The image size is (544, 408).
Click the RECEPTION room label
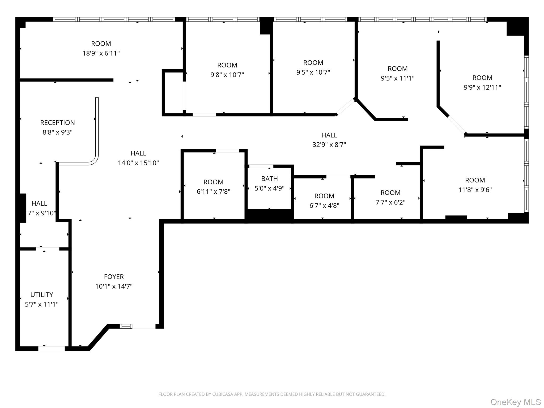(57, 123)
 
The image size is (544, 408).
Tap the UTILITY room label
(42, 295)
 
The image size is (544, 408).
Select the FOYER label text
(114, 277)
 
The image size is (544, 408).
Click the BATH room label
(269, 179)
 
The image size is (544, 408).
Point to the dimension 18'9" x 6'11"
(101, 53)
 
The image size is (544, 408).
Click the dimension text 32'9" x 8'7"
(329, 145)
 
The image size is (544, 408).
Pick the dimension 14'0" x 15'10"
(138, 163)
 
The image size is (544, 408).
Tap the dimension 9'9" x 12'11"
(482, 87)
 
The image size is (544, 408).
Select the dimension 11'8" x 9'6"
(475, 190)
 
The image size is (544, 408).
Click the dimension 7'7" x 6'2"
(390, 202)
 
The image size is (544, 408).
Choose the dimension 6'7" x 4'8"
(324, 206)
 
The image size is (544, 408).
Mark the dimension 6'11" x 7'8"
(213, 192)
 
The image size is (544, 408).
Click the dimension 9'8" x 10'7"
(227, 75)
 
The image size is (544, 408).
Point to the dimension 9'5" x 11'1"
(397, 78)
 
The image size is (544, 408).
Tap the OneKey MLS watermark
(515, 402)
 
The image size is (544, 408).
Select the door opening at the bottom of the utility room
(52, 348)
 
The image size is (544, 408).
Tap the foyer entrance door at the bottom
(143, 326)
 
